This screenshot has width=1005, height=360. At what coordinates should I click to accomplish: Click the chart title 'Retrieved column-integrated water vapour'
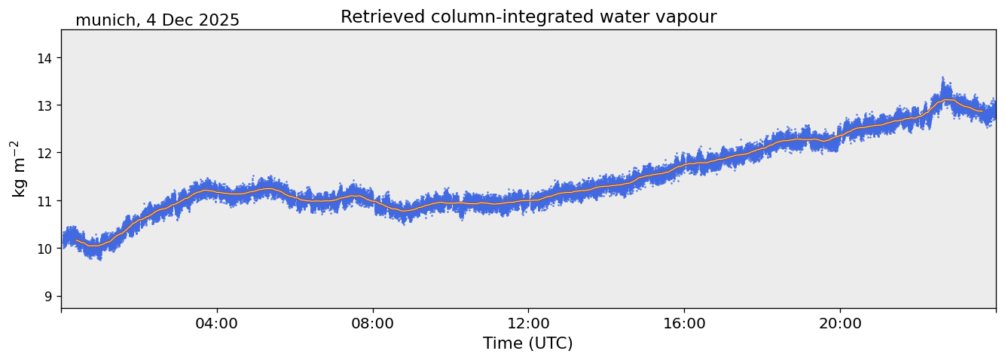pyautogui.click(x=528, y=17)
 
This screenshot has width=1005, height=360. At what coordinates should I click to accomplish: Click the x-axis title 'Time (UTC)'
pyautogui.click(x=528, y=343)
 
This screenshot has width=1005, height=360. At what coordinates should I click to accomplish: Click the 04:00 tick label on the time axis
pyautogui.click(x=217, y=323)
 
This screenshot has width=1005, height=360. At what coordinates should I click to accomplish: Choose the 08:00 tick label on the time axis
pyautogui.click(x=373, y=323)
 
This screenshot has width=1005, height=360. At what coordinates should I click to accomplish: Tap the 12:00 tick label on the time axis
pyautogui.click(x=528, y=323)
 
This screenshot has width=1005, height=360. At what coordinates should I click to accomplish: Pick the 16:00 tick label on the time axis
pyautogui.click(x=684, y=323)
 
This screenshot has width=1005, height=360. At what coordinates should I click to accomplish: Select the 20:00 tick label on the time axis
pyautogui.click(x=840, y=323)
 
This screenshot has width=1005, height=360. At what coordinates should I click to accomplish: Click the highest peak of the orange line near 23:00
pyautogui.click(x=947, y=100)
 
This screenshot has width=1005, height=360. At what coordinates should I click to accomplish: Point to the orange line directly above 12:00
pyautogui.click(x=528, y=201)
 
